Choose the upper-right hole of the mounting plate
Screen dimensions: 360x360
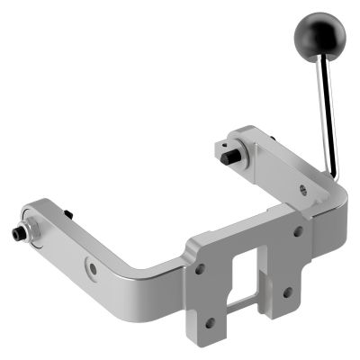297,231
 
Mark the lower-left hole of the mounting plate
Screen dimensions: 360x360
211,321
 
